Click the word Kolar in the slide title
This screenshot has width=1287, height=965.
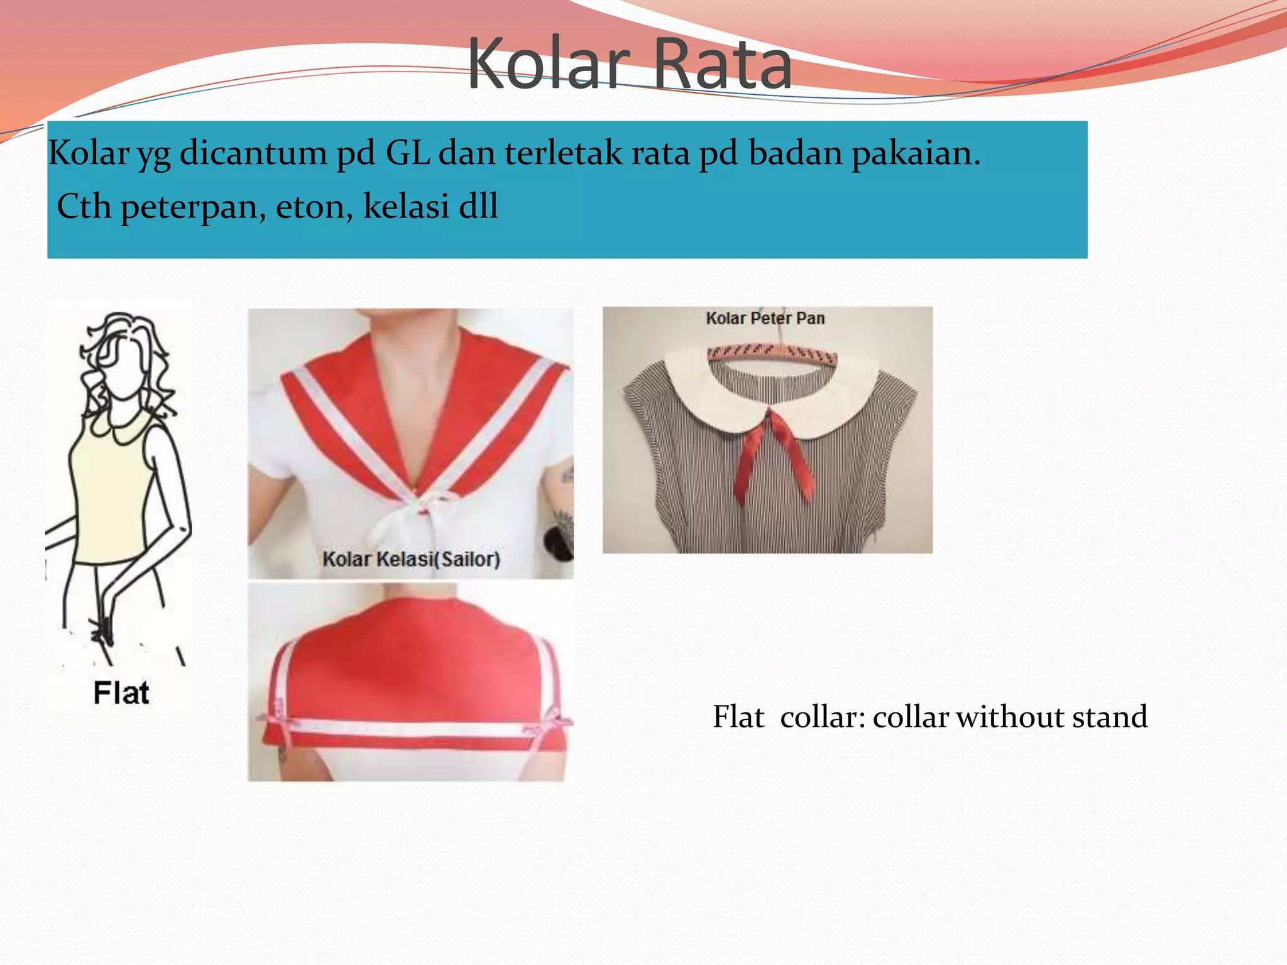point(548,64)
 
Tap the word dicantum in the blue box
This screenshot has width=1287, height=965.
point(253,153)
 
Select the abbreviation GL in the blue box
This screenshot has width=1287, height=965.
point(407,153)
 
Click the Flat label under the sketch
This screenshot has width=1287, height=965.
point(121,693)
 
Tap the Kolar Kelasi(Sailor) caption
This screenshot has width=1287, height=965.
point(411,559)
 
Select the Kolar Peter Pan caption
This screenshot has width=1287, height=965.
point(765,318)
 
